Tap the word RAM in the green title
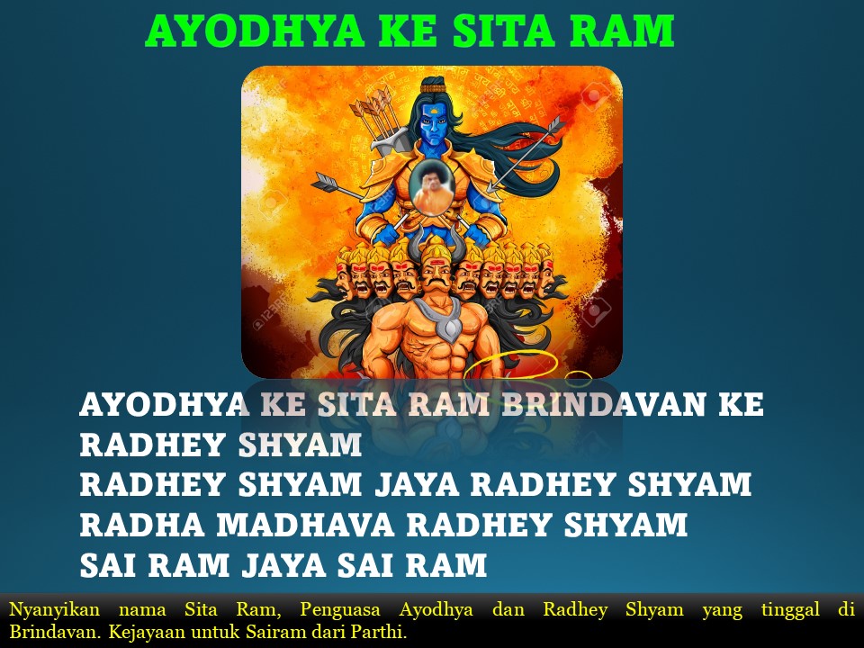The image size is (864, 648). pyautogui.click(x=622, y=31)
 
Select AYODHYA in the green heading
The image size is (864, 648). pyautogui.click(x=255, y=31)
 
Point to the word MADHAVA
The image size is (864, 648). pyautogui.click(x=305, y=525)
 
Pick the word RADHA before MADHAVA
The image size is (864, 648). pyautogui.click(x=142, y=525)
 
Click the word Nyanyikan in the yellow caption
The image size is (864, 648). pyautogui.click(x=55, y=610)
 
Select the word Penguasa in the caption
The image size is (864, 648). pyautogui.click(x=340, y=609)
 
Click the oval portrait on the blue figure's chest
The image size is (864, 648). pyautogui.click(x=432, y=187)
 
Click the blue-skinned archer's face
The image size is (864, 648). pyautogui.click(x=434, y=125)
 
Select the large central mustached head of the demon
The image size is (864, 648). pyautogui.click(x=436, y=274)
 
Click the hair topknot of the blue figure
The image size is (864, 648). pyautogui.click(x=434, y=85)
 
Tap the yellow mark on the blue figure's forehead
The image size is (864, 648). pyautogui.click(x=435, y=111)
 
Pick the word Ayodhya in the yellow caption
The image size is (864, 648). pyautogui.click(x=436, y=610)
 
